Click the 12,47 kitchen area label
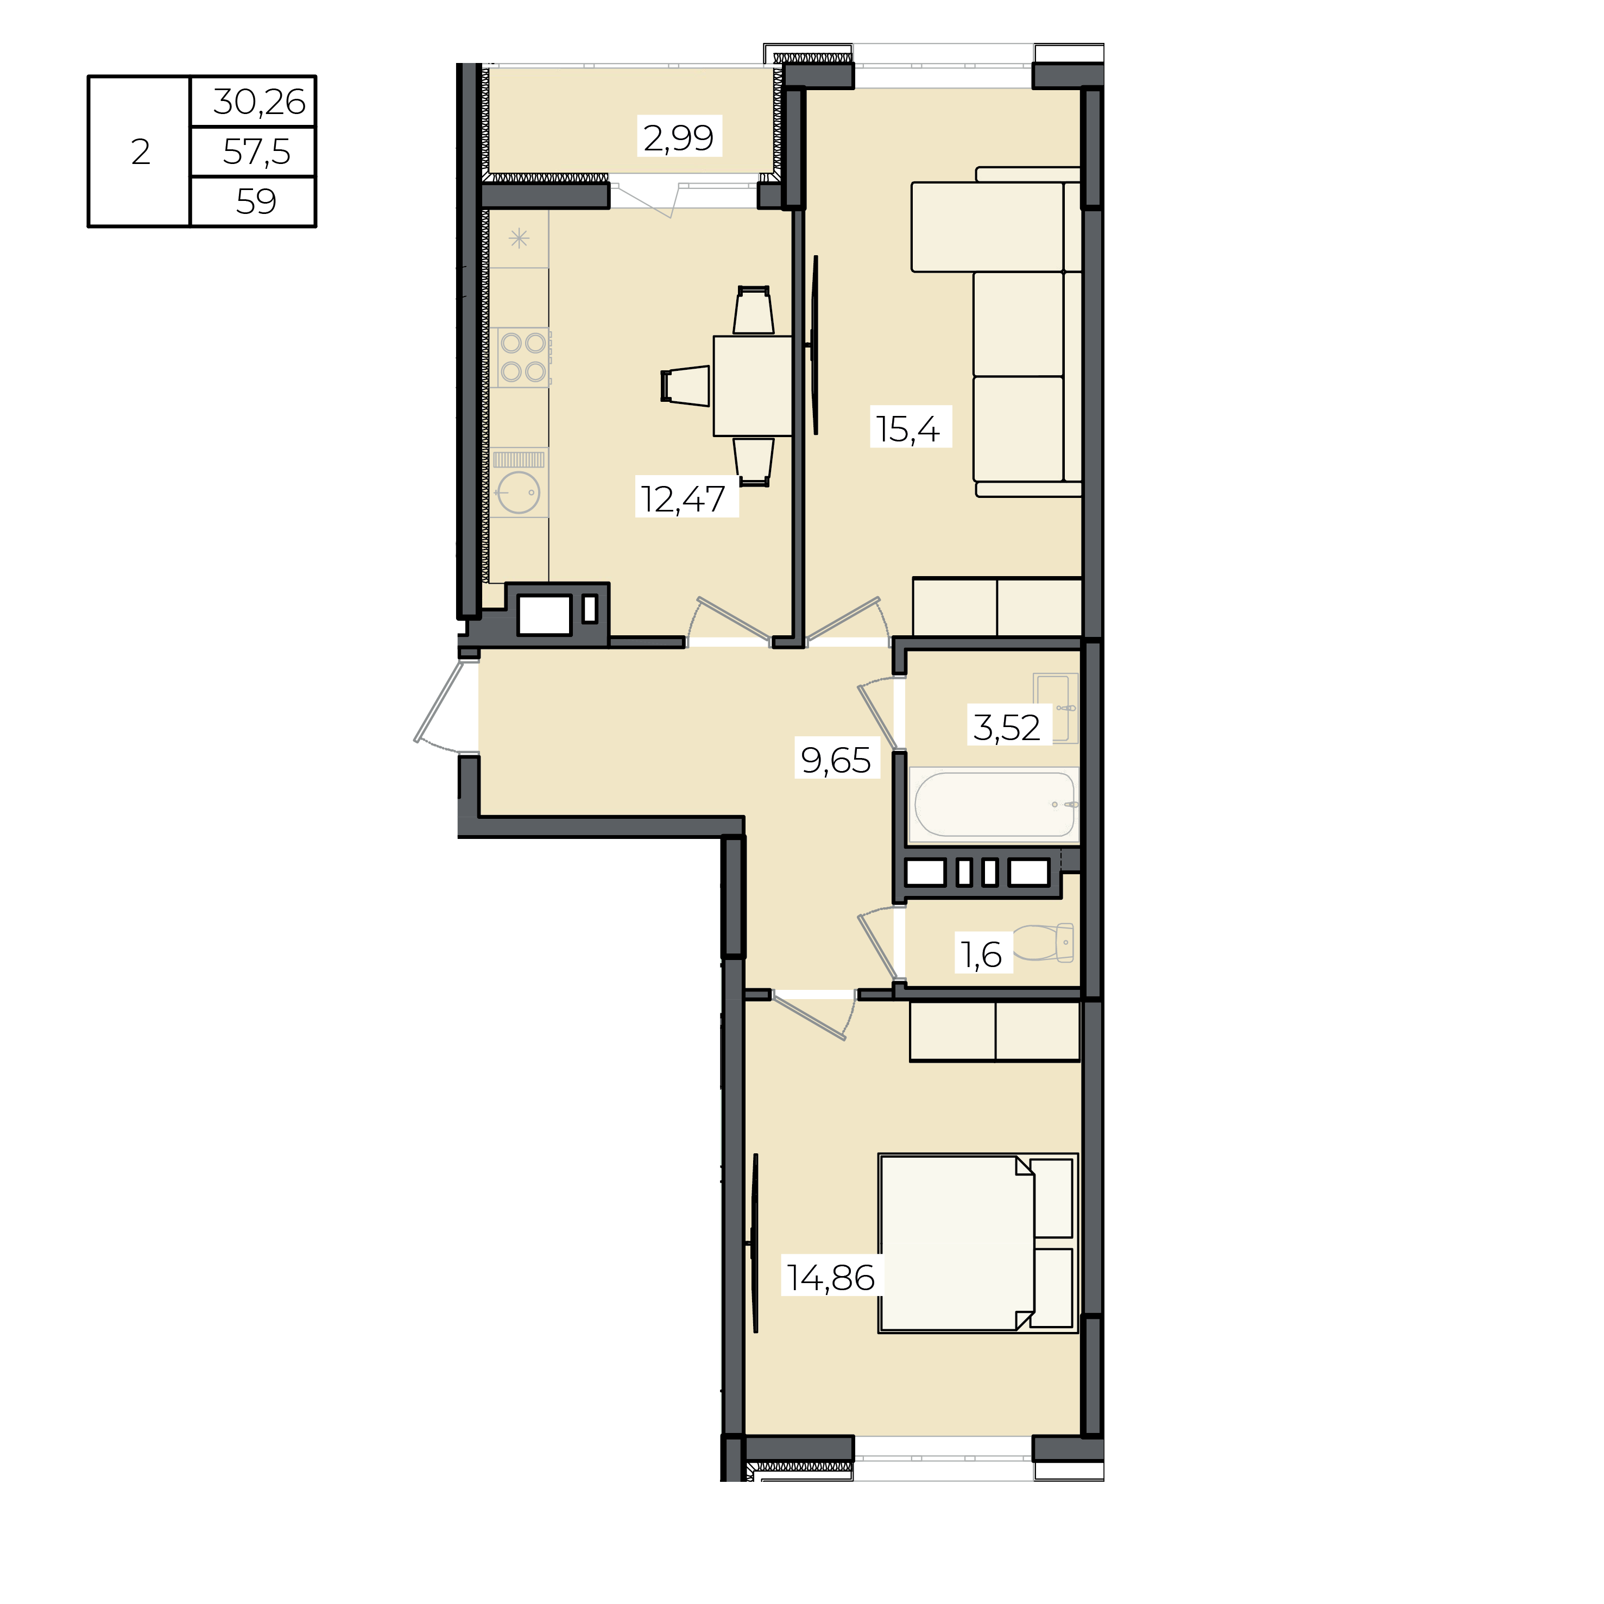click(683, 499)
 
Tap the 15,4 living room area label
click(908, 429)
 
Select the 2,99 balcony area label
click(678, 137)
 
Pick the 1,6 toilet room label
click(981, 955)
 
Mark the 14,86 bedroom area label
click(831, 1278)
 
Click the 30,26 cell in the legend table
click(259, 102)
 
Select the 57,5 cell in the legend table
click(256, 152)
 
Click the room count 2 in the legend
click(140, 152)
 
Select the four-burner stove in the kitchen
click(522, 357)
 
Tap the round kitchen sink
click(518, 492)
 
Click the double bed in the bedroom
click(978, 1243)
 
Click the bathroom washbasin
click(1056, 708)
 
